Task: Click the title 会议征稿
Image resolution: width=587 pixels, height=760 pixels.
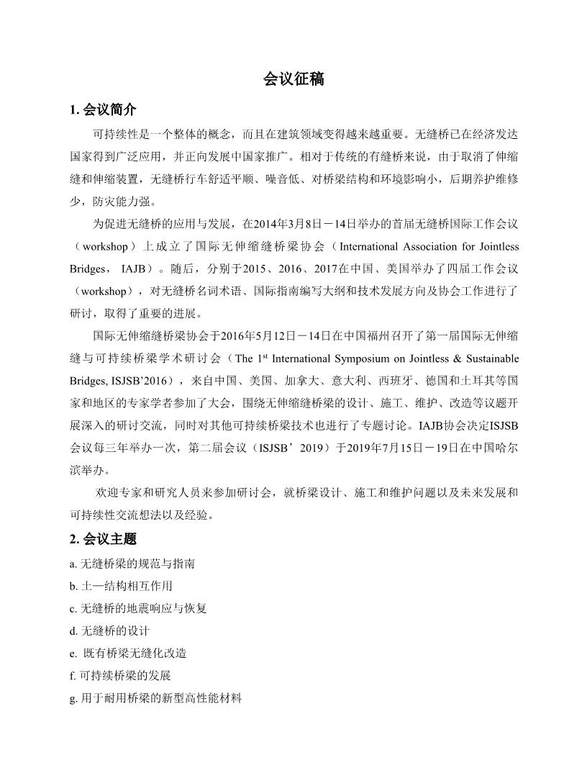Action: (293, 79)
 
